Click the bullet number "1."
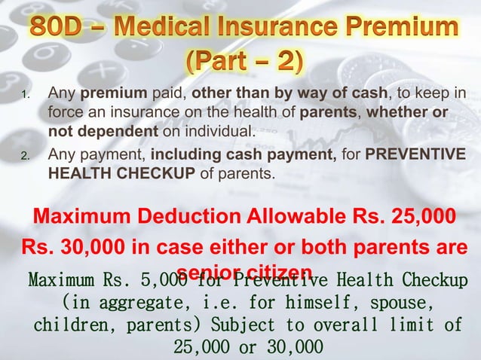26,96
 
